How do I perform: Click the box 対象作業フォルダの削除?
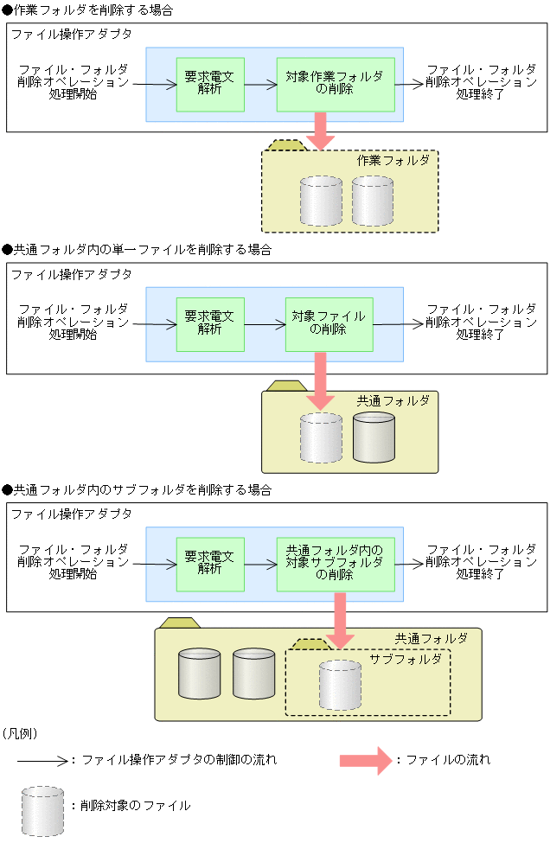click(x=335, y=84)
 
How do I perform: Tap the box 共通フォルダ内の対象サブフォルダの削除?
click(x=335, y=564)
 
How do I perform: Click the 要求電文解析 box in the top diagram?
click(x=210, y=84)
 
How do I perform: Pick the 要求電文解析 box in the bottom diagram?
click(x=210, y=564)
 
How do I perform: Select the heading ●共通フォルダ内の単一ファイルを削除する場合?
click(x=137, y=250)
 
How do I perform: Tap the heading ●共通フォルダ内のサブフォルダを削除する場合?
click(x=137, y=489)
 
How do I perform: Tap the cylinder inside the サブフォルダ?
click(x=340, y=684)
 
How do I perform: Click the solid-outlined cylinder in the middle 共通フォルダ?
click(x=374, y=437)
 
